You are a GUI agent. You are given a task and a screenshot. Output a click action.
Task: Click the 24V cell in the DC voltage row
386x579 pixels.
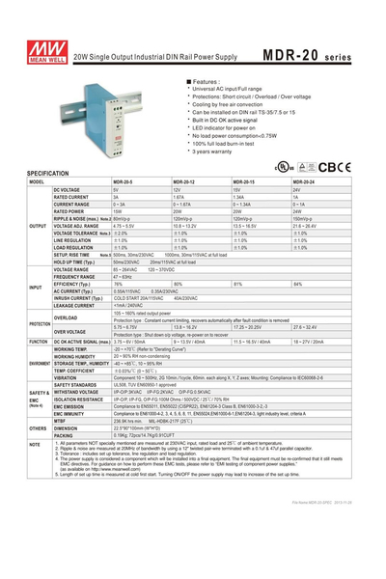coord(296,190)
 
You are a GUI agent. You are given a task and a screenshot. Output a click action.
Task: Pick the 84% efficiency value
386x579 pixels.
coord(297,284)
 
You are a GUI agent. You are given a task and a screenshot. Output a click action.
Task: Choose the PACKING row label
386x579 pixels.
coord(64,434)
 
